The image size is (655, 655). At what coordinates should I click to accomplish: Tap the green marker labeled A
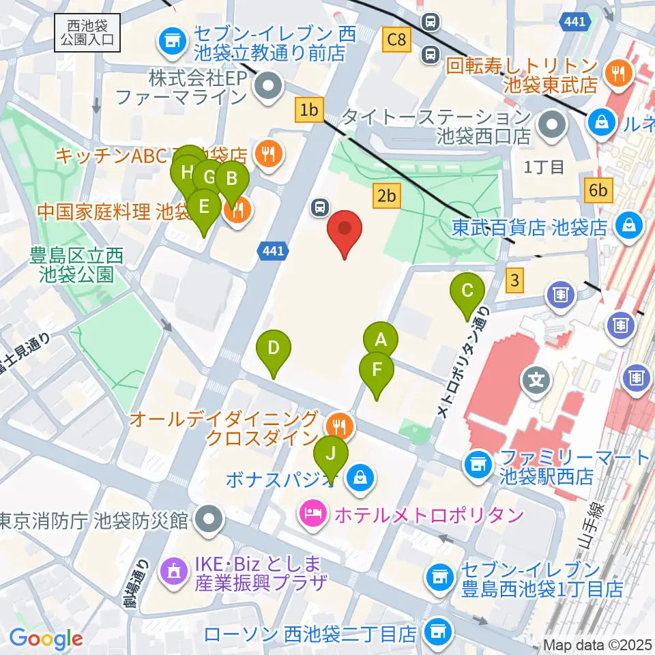pos(380,339)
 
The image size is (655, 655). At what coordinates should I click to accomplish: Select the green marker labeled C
pos(467,291)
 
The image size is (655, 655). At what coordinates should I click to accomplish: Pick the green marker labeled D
pos(273,349)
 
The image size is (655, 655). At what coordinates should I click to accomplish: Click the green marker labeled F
pos(377,370)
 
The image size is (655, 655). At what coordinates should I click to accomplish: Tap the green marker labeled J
pos(331,453)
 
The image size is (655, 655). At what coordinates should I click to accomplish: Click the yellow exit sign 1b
pos(309,110)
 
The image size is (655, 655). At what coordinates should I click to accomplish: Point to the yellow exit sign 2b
pos(386,196)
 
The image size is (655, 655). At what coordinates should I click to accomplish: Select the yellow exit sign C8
pos(396,40)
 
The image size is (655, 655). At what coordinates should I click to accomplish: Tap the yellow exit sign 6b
pos(598,190)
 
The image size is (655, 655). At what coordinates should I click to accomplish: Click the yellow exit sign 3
pos(516,278)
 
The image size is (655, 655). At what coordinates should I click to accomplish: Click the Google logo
pos(46,639)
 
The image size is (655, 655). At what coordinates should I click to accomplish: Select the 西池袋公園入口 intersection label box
pos(88,33)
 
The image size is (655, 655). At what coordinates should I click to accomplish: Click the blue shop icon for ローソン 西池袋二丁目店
pos(437,632)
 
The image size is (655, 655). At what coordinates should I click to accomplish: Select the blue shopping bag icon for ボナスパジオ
pos(358,477)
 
